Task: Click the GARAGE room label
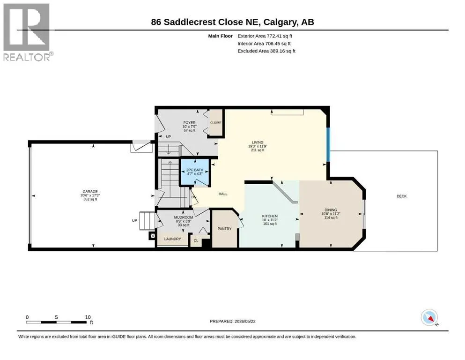[90, 192]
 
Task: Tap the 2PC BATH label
[195, 170]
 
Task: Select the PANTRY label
[224, 229]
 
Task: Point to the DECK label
[401, 196]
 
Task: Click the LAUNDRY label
[173, 239]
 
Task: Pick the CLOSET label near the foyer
[216, 122]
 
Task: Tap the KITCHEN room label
[270, 216]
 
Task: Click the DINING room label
[331, 210]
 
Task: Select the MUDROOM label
[184, 217]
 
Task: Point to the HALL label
[223, 194]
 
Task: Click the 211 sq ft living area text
[258, 150]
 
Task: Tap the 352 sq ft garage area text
[90, 199]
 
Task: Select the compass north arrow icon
[429, 317]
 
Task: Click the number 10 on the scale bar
[88, 317]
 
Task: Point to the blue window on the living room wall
[328, 144]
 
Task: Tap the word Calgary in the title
[280, 22]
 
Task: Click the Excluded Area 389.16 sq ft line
[266, 51]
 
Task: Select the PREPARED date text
[232, 321]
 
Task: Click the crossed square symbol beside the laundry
[153, 236]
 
